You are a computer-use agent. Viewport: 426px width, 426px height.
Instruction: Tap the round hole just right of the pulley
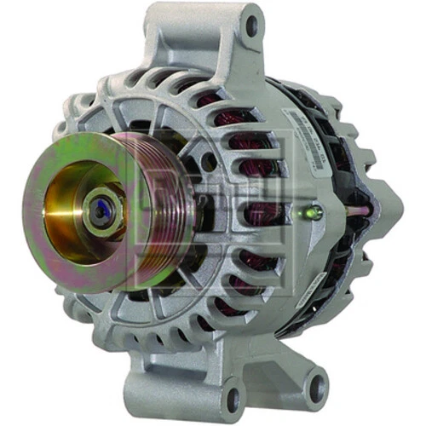207,162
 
